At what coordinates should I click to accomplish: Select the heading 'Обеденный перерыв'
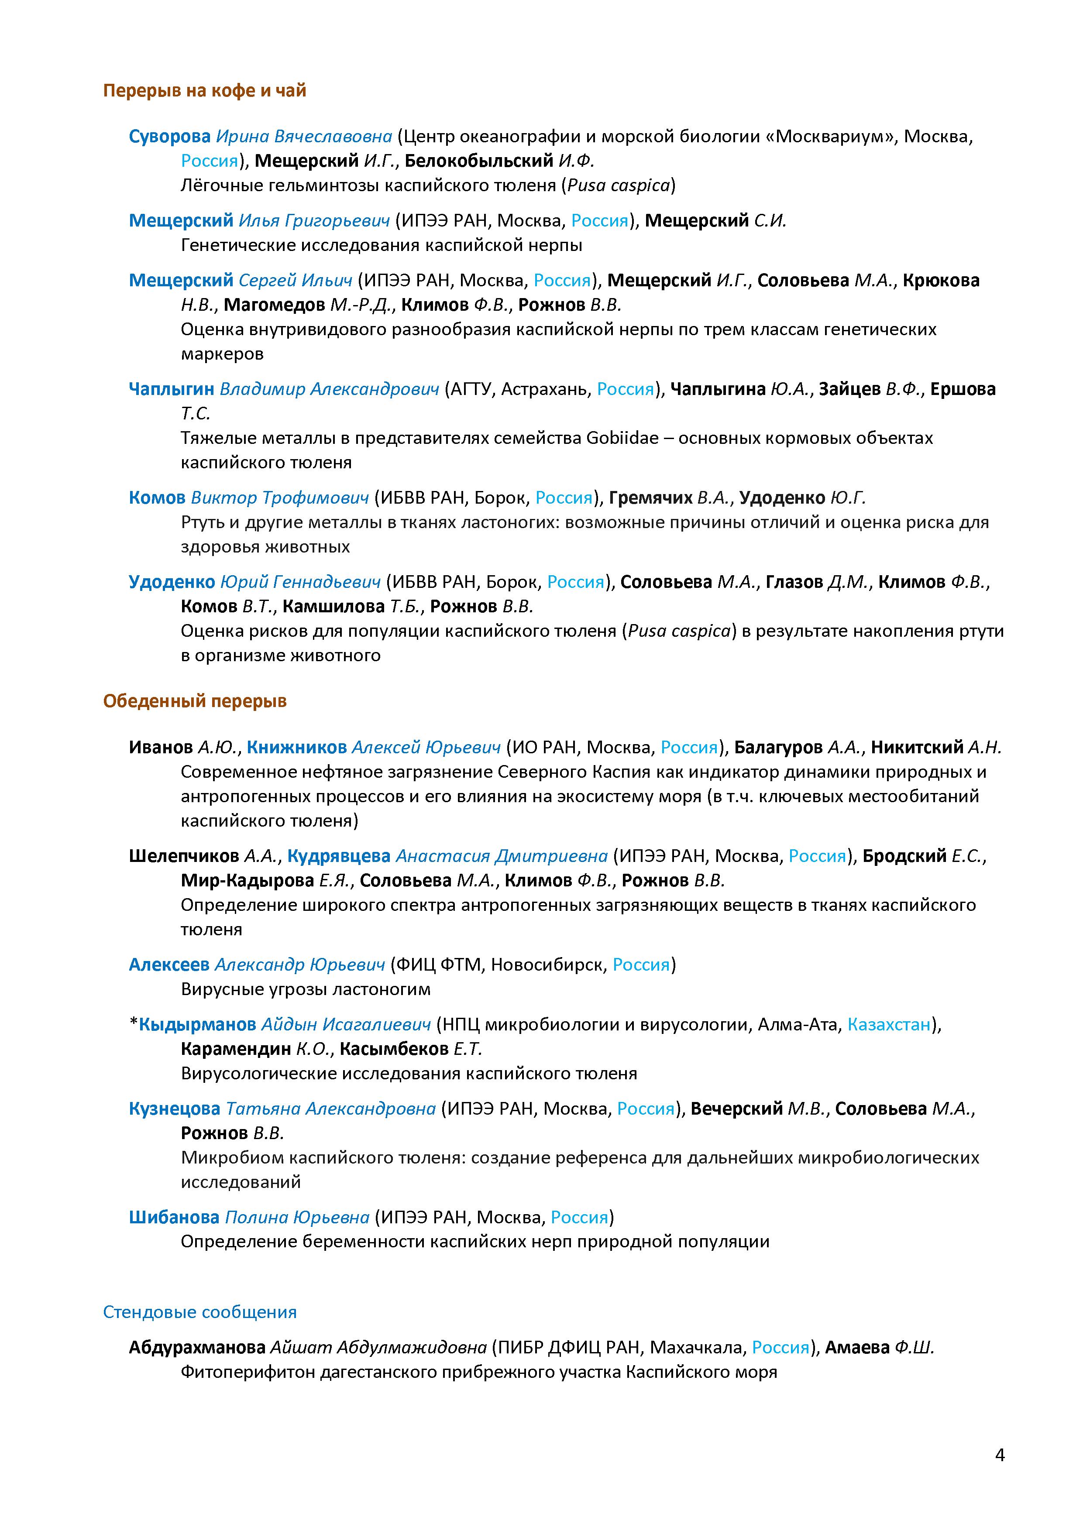click(195, 701)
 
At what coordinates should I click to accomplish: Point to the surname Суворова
click(169, 137)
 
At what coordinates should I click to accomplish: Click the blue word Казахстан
click(888, 1024)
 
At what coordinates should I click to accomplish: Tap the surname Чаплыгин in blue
click(172, 389)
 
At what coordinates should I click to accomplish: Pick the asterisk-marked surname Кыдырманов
click(197, 1024)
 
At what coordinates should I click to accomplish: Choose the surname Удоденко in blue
click(172, 582)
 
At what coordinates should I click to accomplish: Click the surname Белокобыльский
click(479, 161)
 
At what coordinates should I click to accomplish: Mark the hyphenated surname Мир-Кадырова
click(247, 880)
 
